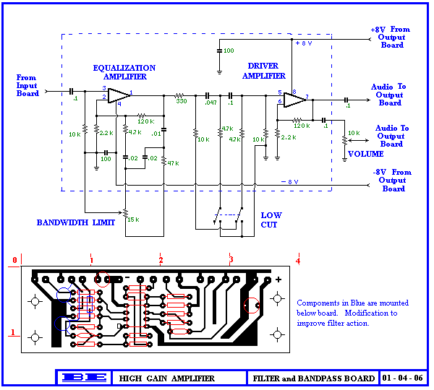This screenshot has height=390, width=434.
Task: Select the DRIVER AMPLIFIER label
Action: pyautogui.click(x=264, y=71)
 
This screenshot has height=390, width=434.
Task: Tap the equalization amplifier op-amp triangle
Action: pyautogui.click(x=119, y=94)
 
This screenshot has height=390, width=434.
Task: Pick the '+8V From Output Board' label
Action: pyautogui.click(x=391, y=38)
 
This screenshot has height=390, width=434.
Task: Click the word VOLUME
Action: pyautogui.click(x=366, y=154)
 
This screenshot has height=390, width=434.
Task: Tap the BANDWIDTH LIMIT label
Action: pyautogui.click(x=76, y=222)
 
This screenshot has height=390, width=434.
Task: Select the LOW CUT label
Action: pyautogui.click(x=271, y=220)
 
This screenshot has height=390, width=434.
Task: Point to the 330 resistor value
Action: pyautogui.click(x=181, y=101)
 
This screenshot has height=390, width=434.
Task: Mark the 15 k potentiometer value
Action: pyautogui.click(x=132, y=219)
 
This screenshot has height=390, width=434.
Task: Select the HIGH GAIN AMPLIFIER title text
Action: pyautogui.click(x=167, y=378)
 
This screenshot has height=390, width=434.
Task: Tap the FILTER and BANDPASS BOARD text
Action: pyautogui.click(x=313, y=378)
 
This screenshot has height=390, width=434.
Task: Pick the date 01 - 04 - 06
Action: pyautogui.click(x=403, y=378)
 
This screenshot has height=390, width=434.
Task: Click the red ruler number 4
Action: pyautogui.click(x=297, y=260)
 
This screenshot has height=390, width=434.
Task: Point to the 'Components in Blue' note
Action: pyautogui.click(x=352, y=313)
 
